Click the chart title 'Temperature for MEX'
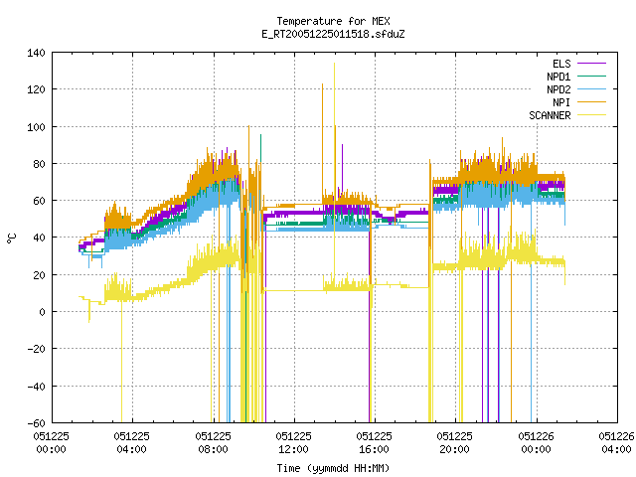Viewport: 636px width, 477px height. tap(333, 21)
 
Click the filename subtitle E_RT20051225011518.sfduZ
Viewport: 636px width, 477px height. tap(333, 34)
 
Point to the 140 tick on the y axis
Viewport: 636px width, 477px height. tap(36, 53)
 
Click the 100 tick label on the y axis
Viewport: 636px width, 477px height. tap(36, 127)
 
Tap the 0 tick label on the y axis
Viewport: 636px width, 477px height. tap(42, 312)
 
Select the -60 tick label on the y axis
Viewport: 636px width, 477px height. tap(36, 423)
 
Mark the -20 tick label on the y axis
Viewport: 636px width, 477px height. tap(36, 349)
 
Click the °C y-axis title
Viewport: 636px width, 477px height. tap(11, 238)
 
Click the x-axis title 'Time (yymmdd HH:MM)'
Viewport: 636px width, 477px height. tap(333, 468)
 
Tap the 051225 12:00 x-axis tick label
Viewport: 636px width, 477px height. tap(293, 443)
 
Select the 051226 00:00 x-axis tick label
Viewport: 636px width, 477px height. tap(536, 443)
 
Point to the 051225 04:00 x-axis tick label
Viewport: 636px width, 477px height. tap(131, 443)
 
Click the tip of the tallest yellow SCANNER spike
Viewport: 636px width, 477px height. tap(334, 63)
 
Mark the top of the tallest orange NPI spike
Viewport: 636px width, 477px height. tap(322, 83)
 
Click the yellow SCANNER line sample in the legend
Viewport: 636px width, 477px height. tap(591, 115)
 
